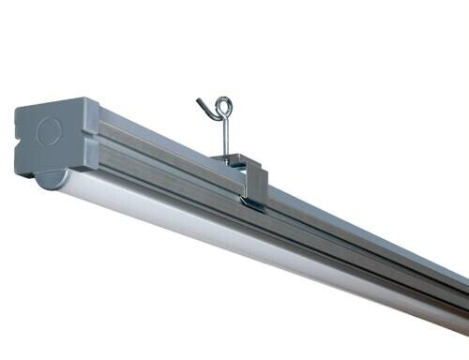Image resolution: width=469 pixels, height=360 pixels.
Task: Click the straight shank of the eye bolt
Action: click(225, 136)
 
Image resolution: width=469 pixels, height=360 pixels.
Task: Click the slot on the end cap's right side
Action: click(93, 141)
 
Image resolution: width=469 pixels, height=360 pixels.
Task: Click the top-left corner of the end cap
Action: click(18, 109)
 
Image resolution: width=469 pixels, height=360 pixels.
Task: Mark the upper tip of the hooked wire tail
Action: click(199, 98)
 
